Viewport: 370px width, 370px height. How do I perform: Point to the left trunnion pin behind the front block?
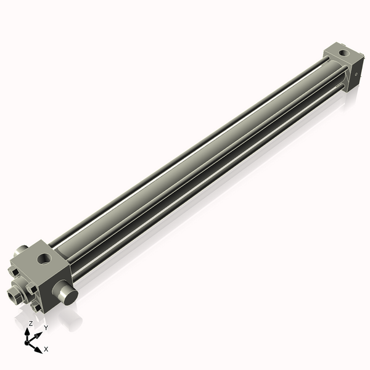click(x=20, y=250)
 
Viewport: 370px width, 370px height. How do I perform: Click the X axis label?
click(x=46, y=350)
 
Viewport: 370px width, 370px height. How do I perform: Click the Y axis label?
click(x=46, y=327)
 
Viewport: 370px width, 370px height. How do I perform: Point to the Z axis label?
click(x=30, y=323)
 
